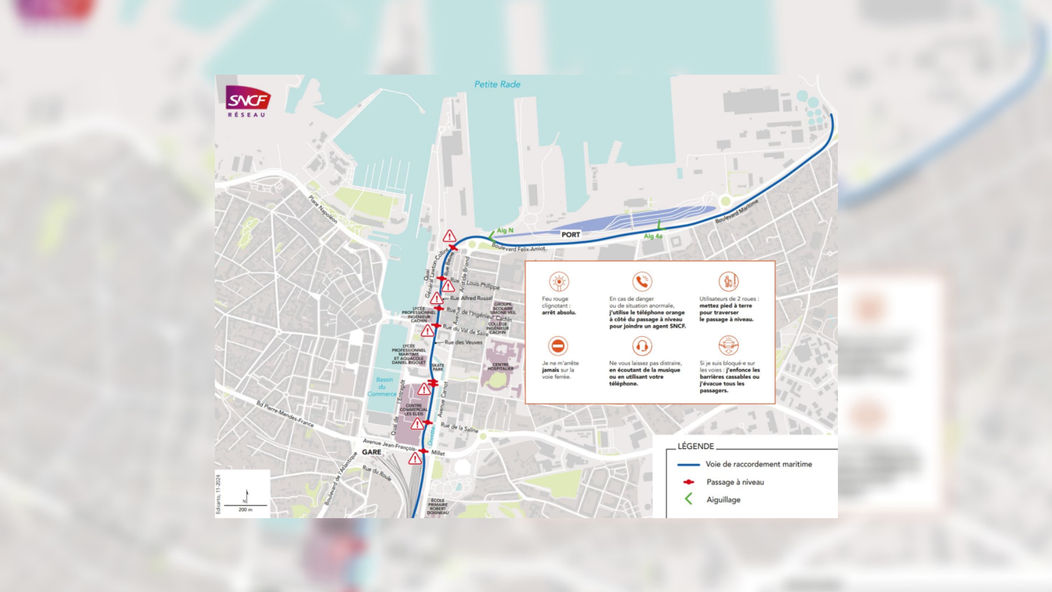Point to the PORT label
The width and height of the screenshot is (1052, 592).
tap(570, 235)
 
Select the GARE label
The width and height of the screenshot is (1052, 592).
tap(371, 452)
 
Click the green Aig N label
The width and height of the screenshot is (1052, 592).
tap(505, 230)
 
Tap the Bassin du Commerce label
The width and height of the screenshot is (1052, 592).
tap(383, 386)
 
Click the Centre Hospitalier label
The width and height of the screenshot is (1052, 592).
tap(500, 366)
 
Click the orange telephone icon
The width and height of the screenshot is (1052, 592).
tap(642, 281)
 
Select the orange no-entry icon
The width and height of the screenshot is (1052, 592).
tap(558, 346)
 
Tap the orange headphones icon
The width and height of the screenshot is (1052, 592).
tap(642, 346)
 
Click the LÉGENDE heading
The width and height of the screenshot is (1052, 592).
tap(696, 446)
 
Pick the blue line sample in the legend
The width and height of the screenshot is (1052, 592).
tap(688, 465)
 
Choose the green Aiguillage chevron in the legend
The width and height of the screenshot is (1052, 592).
tap(688, 499)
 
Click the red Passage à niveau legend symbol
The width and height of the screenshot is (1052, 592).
tap(688, 482)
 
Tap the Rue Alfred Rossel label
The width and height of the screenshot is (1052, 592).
tap(471, 298)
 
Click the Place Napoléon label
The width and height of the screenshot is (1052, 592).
tap(323, 209)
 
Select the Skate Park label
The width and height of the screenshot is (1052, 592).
tap(438, 367)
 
